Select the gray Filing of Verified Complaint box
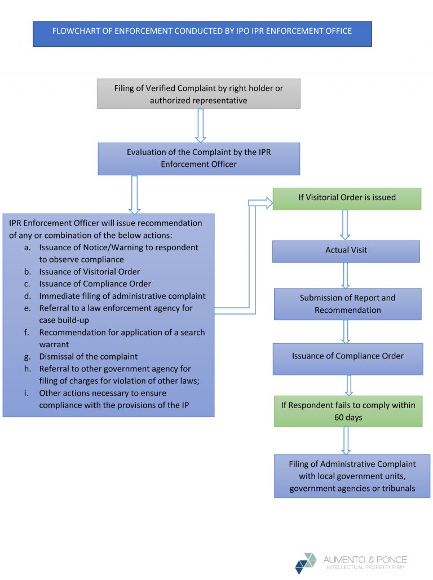198,94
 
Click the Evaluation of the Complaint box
198,158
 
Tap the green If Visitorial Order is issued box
347,198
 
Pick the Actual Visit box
346,251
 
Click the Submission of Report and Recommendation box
347,304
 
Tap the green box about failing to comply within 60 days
348,411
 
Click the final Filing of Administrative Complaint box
352,476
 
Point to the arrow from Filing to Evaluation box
200,125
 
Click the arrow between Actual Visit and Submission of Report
346,275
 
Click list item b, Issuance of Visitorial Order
89,272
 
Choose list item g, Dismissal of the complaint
88,356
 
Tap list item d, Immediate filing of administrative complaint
122,296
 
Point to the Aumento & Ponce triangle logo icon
306,563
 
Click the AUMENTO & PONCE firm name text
365,560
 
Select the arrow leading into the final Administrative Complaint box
346,440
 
